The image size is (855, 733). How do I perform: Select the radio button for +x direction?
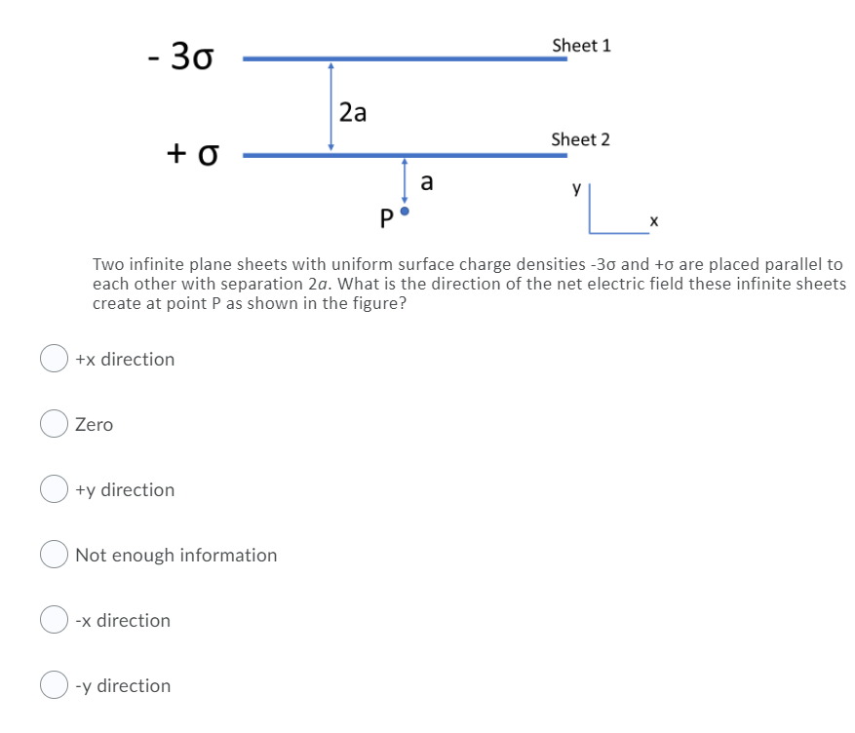click(53, 359)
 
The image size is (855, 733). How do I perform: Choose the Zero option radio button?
click(53, 424)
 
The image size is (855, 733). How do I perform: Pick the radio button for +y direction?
click(53, 489)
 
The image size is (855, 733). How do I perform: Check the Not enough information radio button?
click(53, 555)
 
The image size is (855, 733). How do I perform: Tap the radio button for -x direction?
click(53, 620)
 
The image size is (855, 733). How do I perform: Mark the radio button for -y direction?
click(53, 685)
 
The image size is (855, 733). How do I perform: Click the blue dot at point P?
click(406, 211)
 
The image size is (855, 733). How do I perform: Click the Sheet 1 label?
click(581, 46)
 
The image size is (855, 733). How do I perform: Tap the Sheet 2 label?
click(580, 139)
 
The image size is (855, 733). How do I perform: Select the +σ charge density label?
click(192, 153)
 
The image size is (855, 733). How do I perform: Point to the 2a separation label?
click(353, 113)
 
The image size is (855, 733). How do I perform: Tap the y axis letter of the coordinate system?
click(577, 189)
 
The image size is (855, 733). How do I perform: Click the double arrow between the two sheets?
click(331, 106)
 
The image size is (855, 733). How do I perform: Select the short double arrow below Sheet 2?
click(405, 180)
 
